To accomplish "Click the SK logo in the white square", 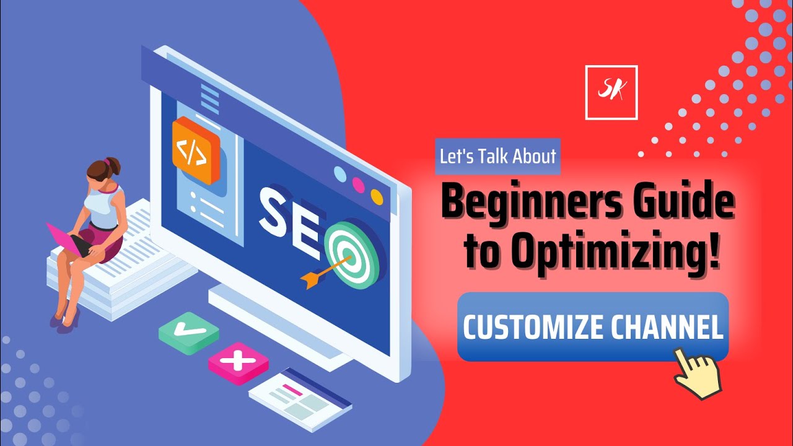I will tap(611, 92).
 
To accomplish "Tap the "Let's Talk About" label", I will tap(497, 156).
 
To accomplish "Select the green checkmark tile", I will tap(188, 333).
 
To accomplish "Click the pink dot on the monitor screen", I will tap(358, 184).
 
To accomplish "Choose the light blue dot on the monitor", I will tap(340, 173).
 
